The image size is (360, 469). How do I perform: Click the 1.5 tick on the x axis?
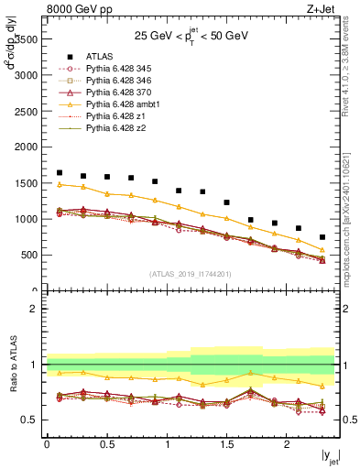(226, 444)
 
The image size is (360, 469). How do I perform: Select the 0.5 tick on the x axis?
(106, 444)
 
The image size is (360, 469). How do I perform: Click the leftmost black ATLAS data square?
(60, 173)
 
